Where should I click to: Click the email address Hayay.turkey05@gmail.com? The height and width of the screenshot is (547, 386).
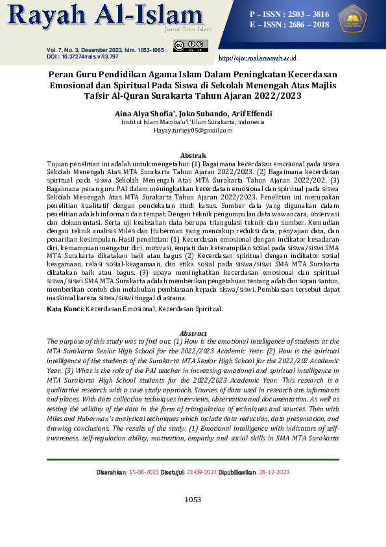(193, 131)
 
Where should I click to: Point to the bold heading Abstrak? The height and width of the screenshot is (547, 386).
(193, 156)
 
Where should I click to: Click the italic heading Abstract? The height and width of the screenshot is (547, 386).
(193, 333)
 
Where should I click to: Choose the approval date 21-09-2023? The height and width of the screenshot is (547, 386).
(200, 472)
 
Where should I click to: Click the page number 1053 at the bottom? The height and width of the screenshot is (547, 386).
(193, 500)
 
